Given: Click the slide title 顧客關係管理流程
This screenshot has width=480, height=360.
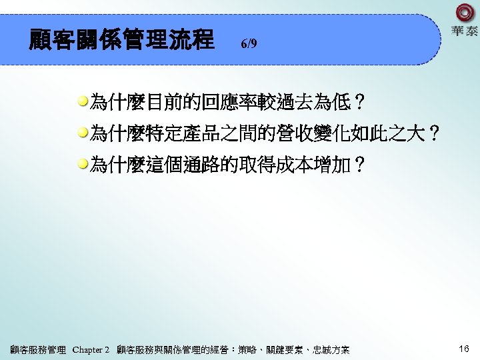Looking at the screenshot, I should pos(121,39).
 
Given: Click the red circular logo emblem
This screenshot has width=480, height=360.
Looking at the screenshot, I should pos(464,13).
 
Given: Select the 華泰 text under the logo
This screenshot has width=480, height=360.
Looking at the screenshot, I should pos(464,31).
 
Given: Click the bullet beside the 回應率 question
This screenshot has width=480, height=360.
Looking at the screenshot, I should pos(83,102).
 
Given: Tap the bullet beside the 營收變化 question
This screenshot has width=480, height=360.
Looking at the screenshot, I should pos(83,133).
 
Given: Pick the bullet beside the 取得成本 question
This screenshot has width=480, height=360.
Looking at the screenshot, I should pos(83,165).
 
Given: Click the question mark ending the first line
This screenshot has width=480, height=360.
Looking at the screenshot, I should pos(359,103).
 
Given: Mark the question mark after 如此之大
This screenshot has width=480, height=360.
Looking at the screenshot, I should pos(434,134).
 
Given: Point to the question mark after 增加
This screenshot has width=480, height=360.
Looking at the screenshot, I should pos(359,165).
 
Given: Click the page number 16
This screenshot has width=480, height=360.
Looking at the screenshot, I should pos(464,349).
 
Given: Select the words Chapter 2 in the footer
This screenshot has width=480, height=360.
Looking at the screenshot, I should pos(91,349).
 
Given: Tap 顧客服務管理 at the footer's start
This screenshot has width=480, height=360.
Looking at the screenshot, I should pos(38,349).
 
